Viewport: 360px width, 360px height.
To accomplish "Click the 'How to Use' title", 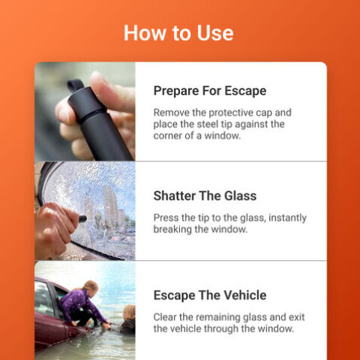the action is (178, 33).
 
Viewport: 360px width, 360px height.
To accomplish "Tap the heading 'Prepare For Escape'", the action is (210, 91).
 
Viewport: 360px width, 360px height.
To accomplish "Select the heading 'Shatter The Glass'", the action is (205, 196).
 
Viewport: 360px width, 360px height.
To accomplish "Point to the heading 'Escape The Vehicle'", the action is (210, 295).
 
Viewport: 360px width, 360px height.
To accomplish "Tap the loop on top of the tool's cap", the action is (75, 85).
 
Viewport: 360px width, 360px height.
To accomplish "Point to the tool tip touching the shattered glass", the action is (82, 219).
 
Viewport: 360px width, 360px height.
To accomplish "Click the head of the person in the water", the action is (130, 312).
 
